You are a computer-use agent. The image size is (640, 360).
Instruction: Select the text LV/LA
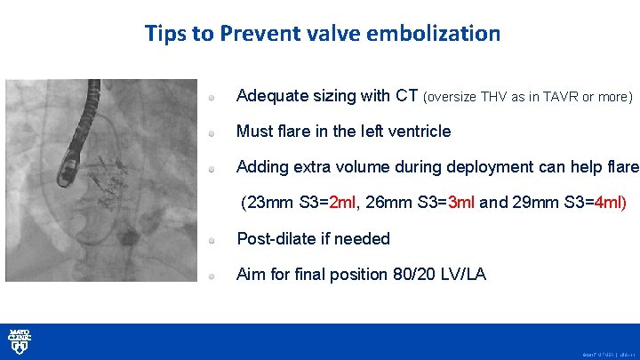pyautogui.click(x=464, y=275)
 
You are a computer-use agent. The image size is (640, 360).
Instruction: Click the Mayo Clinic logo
pyautogui.click(x=20, y=341)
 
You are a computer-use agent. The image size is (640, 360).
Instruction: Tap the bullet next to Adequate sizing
pyautogui.click(x=213, y=96)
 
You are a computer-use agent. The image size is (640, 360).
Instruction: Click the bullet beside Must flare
pyautogui.click(x=213, y=132)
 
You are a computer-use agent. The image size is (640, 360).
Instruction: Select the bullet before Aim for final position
pyautogui.click(x=213, y=276)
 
